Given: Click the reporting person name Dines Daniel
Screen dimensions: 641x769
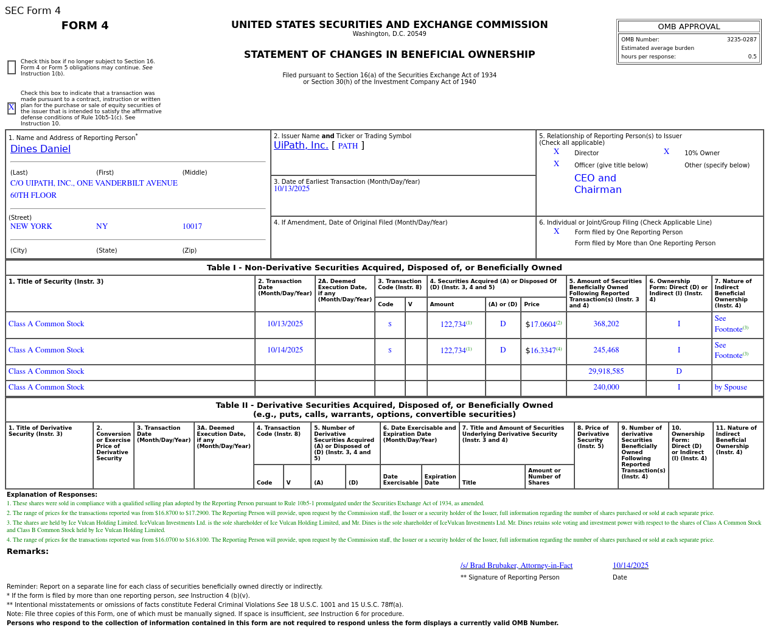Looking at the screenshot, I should (x=40, y=149).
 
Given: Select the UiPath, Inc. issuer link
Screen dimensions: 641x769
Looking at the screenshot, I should (x=301, y=145).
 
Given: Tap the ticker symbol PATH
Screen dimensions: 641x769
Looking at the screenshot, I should (x=348, y=146).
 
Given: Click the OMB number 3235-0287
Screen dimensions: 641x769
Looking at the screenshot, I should (x=742, y=40).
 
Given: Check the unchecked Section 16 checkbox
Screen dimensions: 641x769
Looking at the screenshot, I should (x=12, y=68).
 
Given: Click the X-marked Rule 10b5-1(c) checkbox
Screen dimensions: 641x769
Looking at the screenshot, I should (x=12, y=108).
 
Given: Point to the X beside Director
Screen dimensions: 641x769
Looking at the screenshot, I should (x=556, y=152).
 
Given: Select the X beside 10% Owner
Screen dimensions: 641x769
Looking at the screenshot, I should (x=666, y=152).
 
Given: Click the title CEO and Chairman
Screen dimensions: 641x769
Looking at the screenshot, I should (x=597, y=184).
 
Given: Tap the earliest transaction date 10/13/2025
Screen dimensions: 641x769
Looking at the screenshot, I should (x=291, y=189).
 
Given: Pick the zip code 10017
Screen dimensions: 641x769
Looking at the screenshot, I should (x=192, y=226).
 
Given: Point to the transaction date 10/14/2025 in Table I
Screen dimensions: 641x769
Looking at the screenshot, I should (x=285, y=350).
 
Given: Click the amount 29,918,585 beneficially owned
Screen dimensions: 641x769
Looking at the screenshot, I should (x=606, y=371).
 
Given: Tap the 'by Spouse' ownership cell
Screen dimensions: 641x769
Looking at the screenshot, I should (x=731, y=387).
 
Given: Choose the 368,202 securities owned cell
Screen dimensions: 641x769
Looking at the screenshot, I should (x=606, y=324).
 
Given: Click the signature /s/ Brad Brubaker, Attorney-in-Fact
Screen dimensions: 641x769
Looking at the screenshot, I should (x=517, y=566).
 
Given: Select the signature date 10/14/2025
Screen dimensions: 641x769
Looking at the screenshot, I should (x=630, y=566).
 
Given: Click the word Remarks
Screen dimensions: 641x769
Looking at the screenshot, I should (x=27, y=552).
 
